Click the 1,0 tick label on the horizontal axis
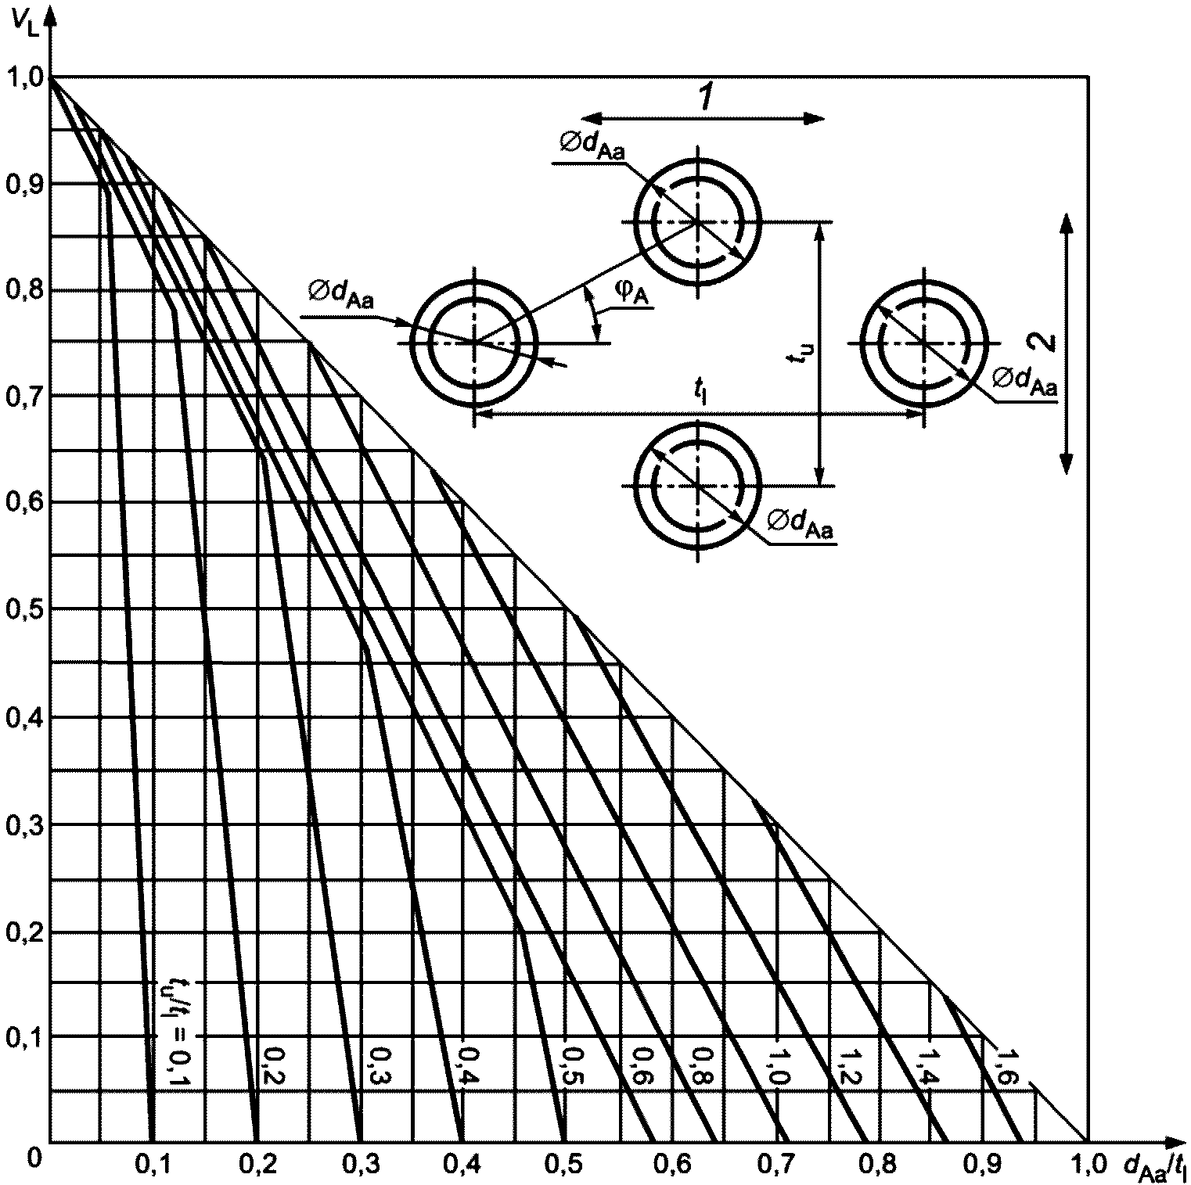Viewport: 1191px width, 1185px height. tap(1087, 1164)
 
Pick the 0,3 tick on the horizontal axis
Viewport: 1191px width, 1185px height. tap(361, 1164)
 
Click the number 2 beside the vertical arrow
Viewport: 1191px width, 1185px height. tap(1045, 342)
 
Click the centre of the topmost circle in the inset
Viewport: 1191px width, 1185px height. tap(696, 222)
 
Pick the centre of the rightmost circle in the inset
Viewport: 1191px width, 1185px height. tap(924, 343)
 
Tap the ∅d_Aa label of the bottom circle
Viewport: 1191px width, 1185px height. tap(800, 524)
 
